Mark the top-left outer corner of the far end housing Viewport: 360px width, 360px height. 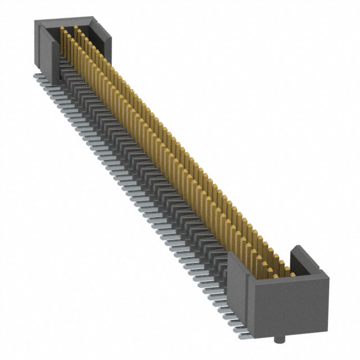(x=36, y=21)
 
